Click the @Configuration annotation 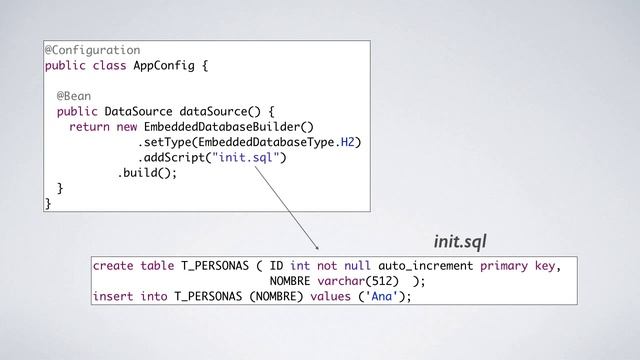(92, 49)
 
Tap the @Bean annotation (74, 96)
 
